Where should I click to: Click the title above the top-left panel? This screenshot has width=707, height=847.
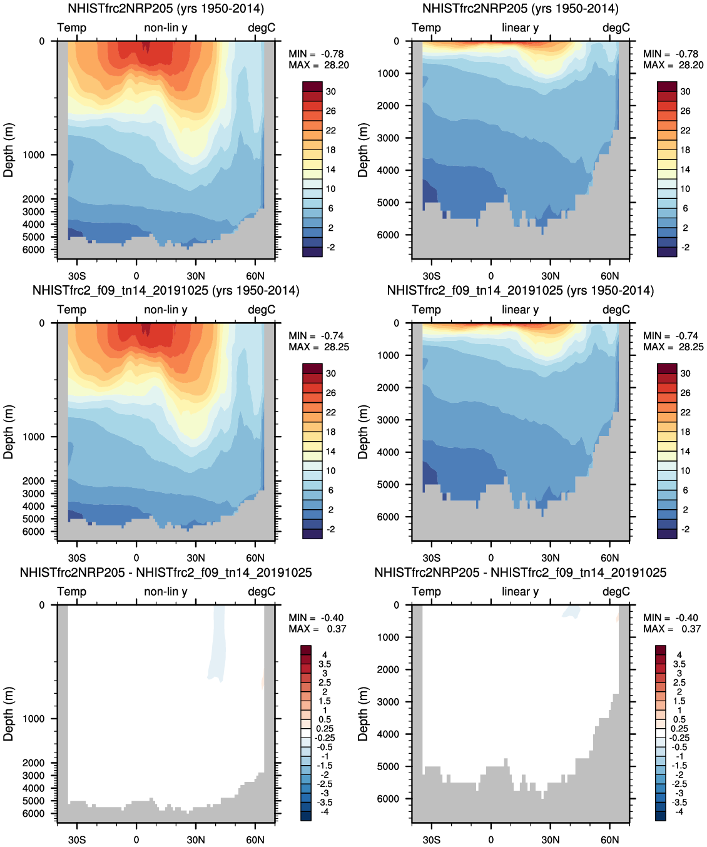pyautogui.click(x=166, y=9)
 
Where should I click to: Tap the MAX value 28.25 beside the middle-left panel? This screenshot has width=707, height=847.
pyautogui.click(x=337, y=347)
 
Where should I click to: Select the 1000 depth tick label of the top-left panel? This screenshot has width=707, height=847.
pyautogui.click(x=34, y=155)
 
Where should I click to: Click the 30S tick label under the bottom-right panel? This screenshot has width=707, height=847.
pyautogui.click(x=431, y=839)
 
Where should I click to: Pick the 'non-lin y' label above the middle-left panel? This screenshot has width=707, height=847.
pyautogui.click(x=166, y=310)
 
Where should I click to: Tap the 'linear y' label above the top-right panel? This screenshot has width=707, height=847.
pyautogui.click(x=520, y=28)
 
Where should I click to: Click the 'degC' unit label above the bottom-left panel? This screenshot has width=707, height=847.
pyautogui.click(x=262, y=591)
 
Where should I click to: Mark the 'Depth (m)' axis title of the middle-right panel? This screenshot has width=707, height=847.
pyautogui.click(x=363, y=432)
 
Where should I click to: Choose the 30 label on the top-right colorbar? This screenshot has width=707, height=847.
pyautogui.click(x=685, y=91)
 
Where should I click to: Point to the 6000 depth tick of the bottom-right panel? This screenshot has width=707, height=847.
pyautogui.click(x=388, y=799)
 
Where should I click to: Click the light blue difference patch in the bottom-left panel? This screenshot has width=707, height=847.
pyautogui.click(x=217, y=644)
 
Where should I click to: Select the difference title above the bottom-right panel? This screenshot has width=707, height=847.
pyautogui.click(x=520, y=572)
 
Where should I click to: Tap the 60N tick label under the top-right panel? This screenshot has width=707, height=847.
pyautogui.click(x=609, y=276)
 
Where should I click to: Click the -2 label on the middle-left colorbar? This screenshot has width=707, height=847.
pyautogui.click(x=330, y=529)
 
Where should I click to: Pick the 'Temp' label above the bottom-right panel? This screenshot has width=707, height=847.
pyautogui.click(x=426, y=591)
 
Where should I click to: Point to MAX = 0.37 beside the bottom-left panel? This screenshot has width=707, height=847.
pyautogui.click(x=318, y=629)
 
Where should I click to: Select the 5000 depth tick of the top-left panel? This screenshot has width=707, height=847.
pyautogui.click(x=34, y=237)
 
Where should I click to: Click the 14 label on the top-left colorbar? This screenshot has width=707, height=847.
pyautogui.click(x=330, y=170)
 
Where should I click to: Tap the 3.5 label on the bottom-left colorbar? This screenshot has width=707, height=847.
pyautogui.click(x=325, y=664)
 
